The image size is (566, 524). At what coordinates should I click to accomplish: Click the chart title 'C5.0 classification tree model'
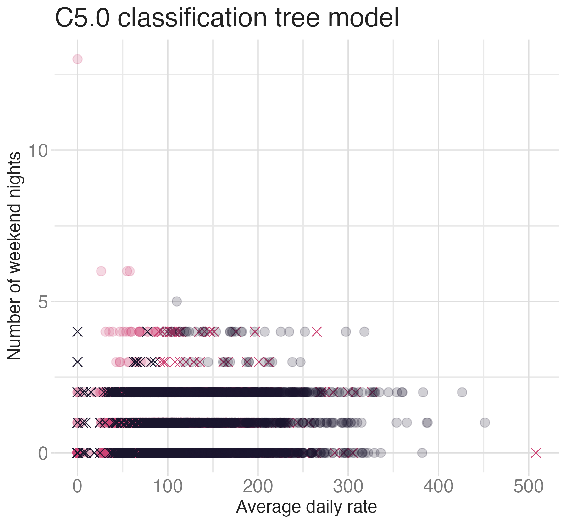227,18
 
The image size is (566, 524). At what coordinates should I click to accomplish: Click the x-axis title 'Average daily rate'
306,507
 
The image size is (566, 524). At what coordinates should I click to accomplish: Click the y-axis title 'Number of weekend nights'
14,256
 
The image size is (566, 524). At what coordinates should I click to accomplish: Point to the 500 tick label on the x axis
529,487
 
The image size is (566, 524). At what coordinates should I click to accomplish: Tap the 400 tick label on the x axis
438,487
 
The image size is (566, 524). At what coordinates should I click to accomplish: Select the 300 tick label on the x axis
348,487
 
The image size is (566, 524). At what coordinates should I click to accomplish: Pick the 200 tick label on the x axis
258,487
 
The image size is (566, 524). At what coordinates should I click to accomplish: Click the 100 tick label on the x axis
168,487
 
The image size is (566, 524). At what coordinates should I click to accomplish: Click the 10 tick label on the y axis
38,150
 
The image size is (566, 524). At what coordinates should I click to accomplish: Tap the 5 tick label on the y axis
43,302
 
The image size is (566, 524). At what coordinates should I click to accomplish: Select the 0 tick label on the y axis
43,453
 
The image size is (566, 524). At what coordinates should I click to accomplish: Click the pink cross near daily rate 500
536,453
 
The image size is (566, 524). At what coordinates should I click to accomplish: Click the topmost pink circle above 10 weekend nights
77,59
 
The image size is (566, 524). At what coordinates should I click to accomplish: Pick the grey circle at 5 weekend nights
177,302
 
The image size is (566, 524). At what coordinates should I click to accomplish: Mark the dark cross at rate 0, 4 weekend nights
77,332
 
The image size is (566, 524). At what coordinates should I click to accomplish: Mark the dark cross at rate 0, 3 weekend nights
77,362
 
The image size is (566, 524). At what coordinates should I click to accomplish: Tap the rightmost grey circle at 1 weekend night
485,423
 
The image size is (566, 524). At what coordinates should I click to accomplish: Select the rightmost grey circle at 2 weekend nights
462,392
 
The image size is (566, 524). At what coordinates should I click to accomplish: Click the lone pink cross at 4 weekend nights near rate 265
317,332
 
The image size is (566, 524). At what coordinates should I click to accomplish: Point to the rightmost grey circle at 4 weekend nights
364,332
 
